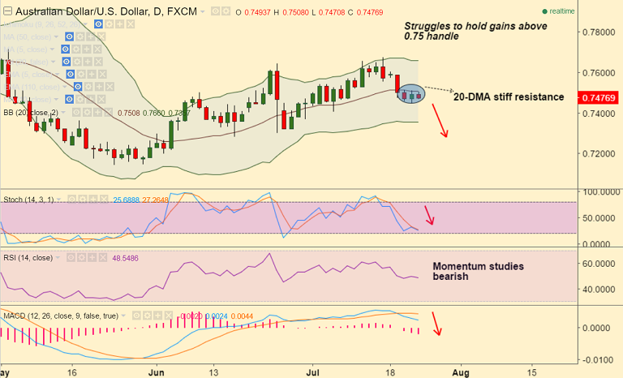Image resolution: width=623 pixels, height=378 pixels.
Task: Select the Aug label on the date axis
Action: tap(460, 371)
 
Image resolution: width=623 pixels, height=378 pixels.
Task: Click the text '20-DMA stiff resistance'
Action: tap(508, 97)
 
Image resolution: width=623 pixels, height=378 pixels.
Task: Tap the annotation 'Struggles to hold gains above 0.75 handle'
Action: tap(475, 31)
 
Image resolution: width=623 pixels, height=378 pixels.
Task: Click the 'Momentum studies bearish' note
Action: tap(478, 271)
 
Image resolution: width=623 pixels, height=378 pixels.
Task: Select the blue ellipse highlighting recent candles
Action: tap(412, 94)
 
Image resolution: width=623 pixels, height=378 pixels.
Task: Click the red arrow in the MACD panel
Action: tap(436, 324)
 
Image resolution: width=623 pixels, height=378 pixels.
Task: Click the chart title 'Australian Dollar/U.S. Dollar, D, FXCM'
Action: tap(99, 12)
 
